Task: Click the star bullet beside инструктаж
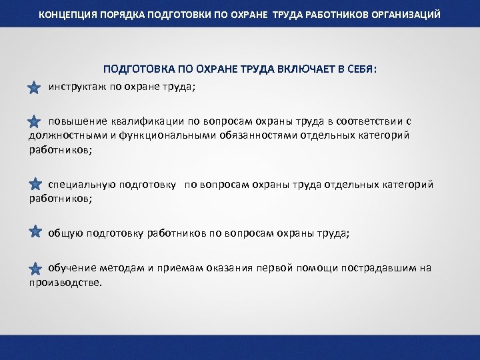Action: [35, 87]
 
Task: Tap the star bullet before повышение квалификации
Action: [35, 121]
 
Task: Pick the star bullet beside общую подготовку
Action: [35, 231]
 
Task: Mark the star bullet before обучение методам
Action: [35, 268]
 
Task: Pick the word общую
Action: [65, 233]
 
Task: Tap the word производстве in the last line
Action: [65, 282]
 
